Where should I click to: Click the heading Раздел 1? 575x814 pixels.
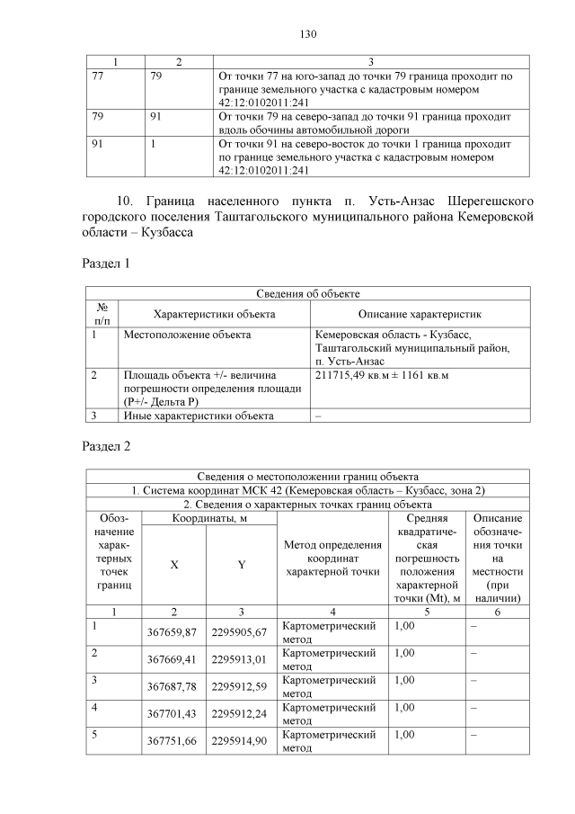click(106, 264)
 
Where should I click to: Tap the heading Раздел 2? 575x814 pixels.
click(106, 447)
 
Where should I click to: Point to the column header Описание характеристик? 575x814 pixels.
click(420, 314)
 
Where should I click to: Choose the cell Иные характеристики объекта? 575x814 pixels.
click(198, 415)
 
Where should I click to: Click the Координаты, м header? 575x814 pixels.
click(209, 518)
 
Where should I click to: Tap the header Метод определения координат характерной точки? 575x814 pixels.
click(332, 558)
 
